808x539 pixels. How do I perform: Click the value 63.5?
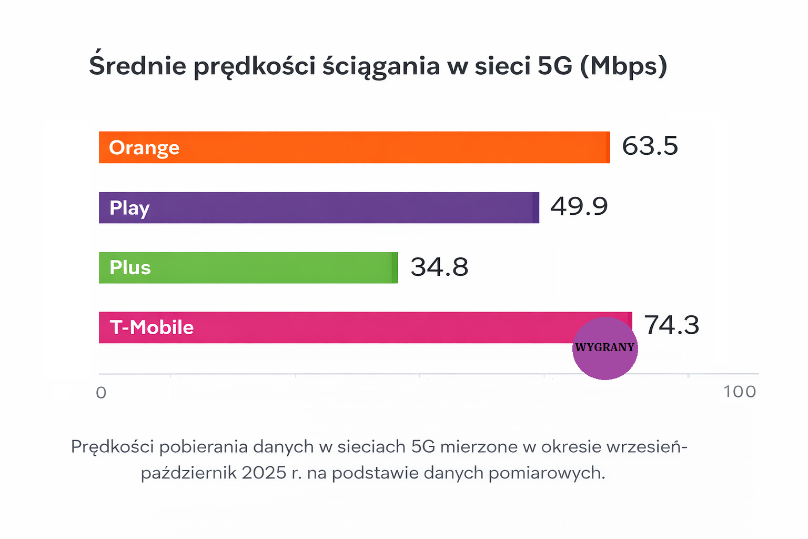[650, 146]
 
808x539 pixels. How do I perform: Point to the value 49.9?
[579, 206]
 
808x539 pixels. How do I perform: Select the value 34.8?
[439, 267]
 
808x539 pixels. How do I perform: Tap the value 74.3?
[672, 325]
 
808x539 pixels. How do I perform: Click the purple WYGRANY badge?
[605, 348]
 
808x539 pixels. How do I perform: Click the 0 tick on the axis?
[102, 393]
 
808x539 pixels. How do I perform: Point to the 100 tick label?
[739, 392]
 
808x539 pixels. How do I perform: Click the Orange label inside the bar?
[144, 148]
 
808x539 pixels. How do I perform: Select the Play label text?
[129, 208]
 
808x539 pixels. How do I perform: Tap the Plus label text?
[130, 268]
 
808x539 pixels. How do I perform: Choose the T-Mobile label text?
[151, 327]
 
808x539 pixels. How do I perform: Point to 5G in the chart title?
[554, 66]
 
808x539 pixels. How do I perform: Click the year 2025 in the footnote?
[264, 473]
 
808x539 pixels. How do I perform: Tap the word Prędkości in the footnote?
[113, 447]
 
